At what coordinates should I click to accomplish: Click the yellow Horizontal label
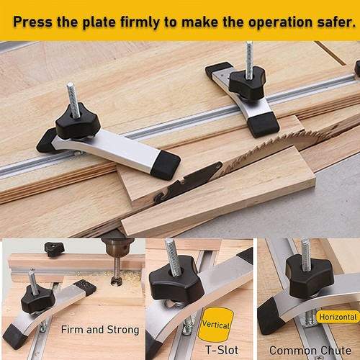(x=337, y=317)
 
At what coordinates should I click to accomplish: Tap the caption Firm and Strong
(x=100, y=330)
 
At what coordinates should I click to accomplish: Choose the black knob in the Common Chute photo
(x=309, y=274)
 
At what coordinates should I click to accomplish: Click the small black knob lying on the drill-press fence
(x=54, y=249)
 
